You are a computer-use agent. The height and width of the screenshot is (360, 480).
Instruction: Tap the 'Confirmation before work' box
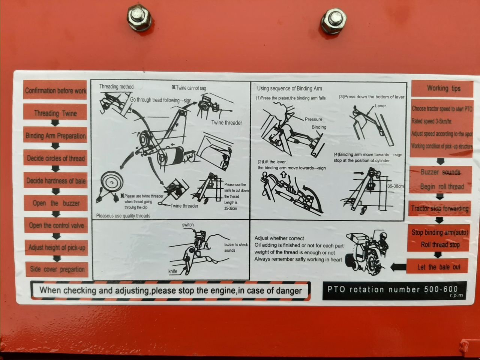click(x=55, y=90)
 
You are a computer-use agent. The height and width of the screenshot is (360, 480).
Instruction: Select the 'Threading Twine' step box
click(x=55, y=113)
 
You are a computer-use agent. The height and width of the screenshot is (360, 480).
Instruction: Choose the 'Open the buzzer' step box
click(x=56, y=203)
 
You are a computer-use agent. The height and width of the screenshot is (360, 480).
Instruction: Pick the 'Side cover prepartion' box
click(x=57, y=269)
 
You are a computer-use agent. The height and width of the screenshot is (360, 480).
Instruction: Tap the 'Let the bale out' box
click(x=438, y=267)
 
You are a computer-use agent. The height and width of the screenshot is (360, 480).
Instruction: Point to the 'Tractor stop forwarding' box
click(x=439, y=208)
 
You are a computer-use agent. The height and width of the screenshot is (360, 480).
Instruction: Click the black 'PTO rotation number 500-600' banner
click(x=394, y=290)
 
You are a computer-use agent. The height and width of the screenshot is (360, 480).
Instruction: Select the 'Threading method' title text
click(x=116, y=87)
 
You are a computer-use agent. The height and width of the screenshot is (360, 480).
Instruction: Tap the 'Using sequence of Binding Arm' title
click(x=289, y=88)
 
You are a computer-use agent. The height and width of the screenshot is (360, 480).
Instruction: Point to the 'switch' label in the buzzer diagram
click(x=188, y=225)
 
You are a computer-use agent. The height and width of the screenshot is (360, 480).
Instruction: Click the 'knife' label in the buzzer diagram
click(x=172, y=271)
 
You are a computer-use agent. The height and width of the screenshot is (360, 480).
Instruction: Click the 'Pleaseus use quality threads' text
click(x=123, y=216)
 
